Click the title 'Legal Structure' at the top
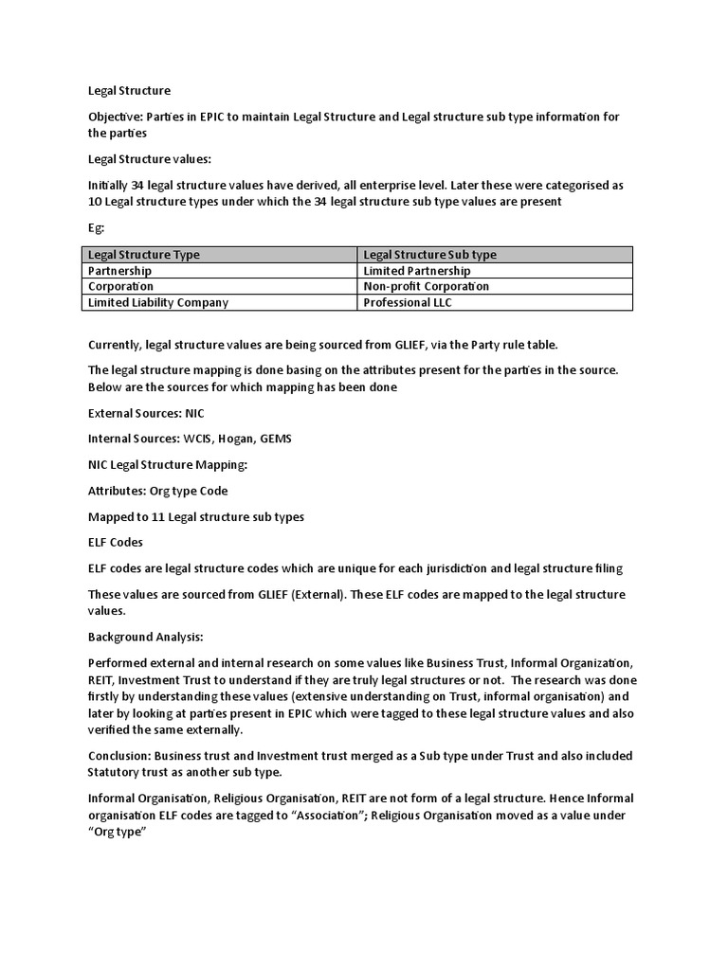point(129,91)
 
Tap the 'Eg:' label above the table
point(96,228)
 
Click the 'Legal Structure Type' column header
point(144,254)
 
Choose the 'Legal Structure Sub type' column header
point(430,254)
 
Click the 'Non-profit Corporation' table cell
point(427,286)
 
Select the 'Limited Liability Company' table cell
point(158,302)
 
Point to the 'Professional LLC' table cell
point(408,302)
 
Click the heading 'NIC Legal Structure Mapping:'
point(167,465)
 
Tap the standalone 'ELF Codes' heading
point(116,542)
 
